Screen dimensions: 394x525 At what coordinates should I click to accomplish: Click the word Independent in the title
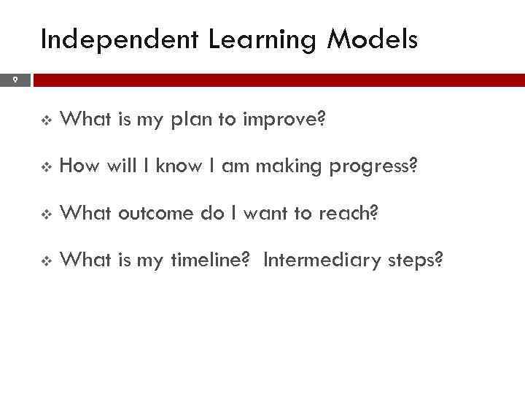click(120, 39)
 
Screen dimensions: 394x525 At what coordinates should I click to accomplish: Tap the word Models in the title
click(372, 39)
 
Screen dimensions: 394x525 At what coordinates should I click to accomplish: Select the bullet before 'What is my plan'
click(47, 121)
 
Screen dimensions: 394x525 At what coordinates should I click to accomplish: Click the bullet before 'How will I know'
click(47, 168)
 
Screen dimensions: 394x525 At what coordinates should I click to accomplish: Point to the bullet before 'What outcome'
click(47, 215)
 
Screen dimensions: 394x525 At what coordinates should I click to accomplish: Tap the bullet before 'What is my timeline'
click(47, 261)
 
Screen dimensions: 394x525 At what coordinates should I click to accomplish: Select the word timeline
click(212, 260)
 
